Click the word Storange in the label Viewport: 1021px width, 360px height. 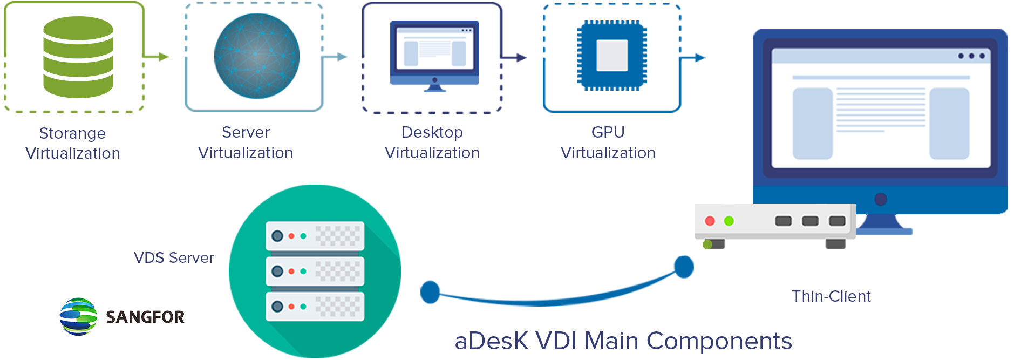coord(72,133)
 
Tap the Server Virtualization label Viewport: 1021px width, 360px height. coord(246,143)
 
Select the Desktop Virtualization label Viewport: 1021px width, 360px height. coord(432,143)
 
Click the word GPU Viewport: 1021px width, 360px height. coord(608,133)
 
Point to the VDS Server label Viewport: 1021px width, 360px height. coord(174,258)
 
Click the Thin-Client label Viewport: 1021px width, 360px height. coord(832,296)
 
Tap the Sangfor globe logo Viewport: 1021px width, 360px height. coord(79,316)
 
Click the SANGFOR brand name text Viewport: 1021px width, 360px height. coord(145,316)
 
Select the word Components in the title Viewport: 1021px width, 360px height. coord(719,342)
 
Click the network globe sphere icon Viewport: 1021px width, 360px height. coord(256,56)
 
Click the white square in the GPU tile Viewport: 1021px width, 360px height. coord(612,56)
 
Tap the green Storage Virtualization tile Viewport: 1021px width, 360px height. coord(85,56)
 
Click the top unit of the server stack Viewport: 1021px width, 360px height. coord(315,236)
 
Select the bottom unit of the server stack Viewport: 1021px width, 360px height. coord(315,307)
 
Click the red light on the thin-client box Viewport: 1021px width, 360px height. coord(710,221)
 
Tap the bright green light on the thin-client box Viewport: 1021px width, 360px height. coord(729,221)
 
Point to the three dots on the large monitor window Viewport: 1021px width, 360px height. coord(971,56)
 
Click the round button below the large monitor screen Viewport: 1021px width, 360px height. coord(881,200)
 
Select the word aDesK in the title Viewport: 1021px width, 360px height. coord(492,342)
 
